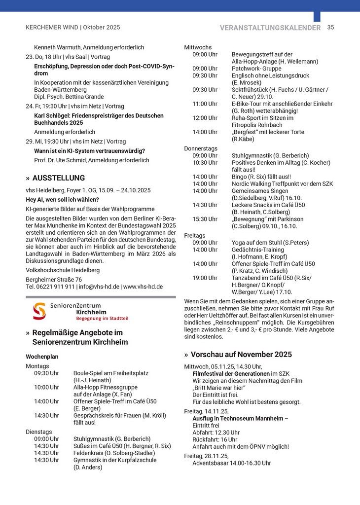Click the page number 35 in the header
pyautogui.click(x=330, y=28)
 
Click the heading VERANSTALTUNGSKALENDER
pyautogui.click(x=270, y=28)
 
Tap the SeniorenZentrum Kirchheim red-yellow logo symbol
pyautogui.click(x=39, y=311)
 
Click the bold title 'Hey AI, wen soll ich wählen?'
pyautogui.click(x=63, y=200)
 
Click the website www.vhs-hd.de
pyautogui.click(x=143, y=287)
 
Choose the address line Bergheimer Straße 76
pyautogui.click(x=54, y=280)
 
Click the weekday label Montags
pyautogui.click(x=37, y=366)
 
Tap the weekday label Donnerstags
pyautogui.click(x=201, y=148)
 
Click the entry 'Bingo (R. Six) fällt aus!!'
pyautogui.click(x=261, y=177)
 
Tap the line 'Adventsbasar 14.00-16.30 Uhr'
pyautogui.click(x=231, y=463)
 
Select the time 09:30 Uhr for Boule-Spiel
pyautogui.click(x=46, y=373)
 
